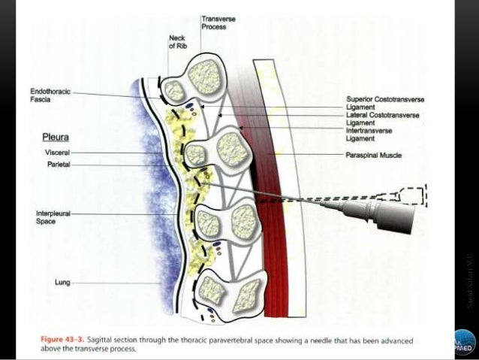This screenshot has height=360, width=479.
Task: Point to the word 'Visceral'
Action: (57, 153)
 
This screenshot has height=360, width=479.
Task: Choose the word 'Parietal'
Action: (57, 164)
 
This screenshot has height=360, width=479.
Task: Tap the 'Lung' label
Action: (62, 283)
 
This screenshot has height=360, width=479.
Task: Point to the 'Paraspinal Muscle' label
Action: (374, 155)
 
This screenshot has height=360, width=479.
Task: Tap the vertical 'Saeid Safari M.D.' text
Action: (470, 278)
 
